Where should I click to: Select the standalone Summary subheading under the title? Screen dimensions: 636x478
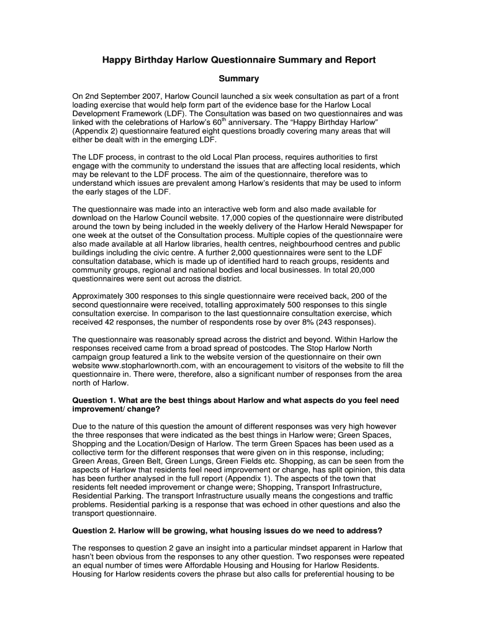239,79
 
